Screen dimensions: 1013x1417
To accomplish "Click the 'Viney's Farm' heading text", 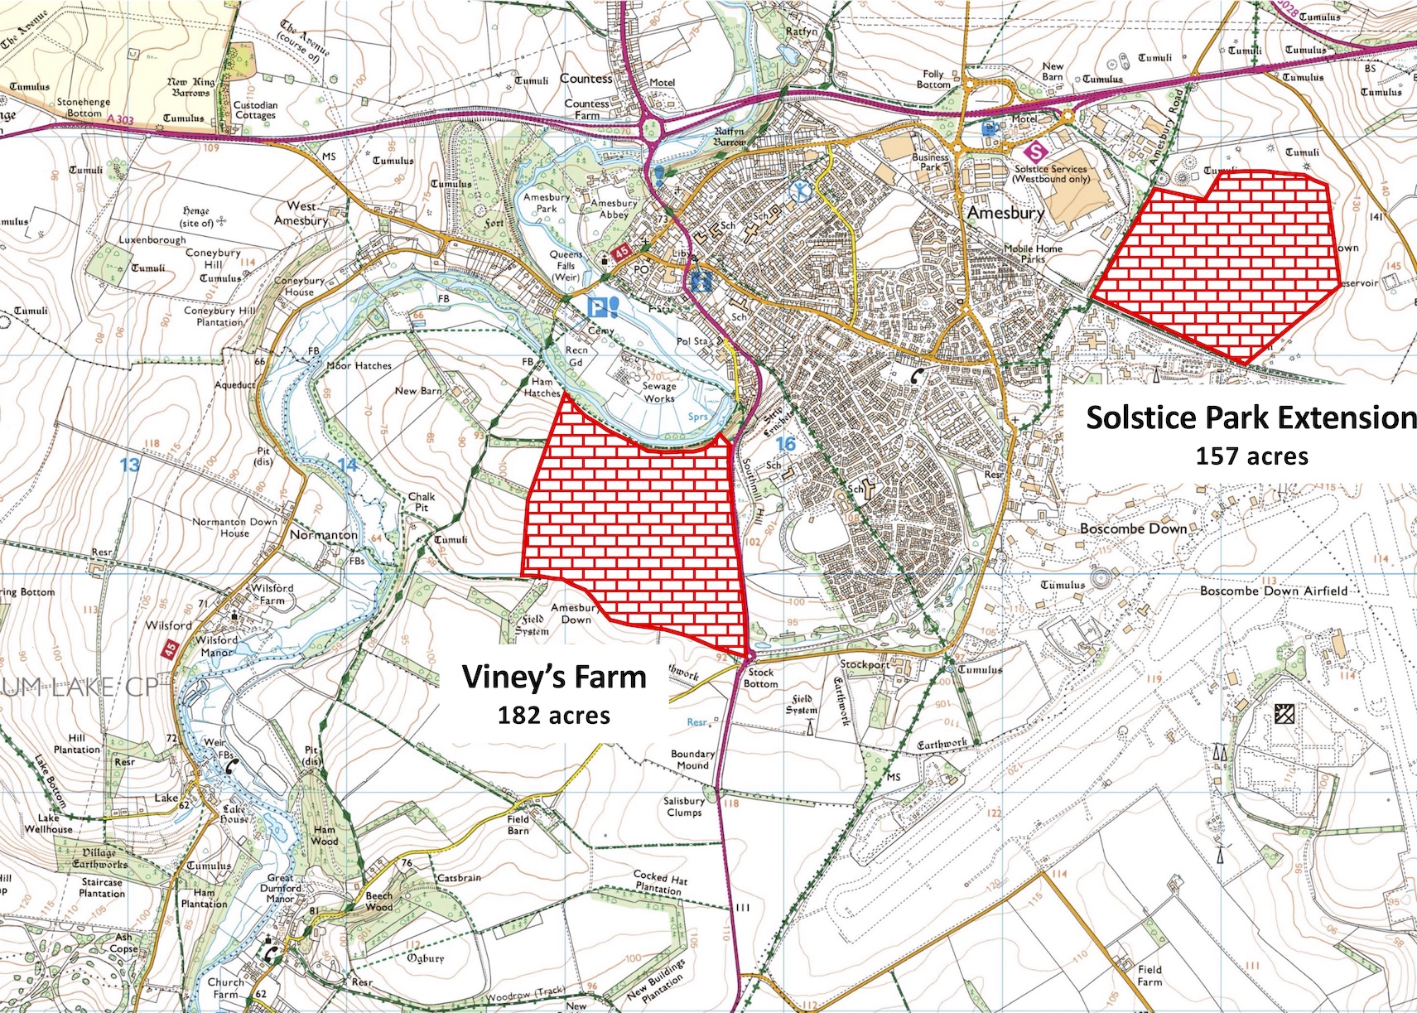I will (554, 677).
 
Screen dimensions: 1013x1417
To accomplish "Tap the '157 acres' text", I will (1251, 456).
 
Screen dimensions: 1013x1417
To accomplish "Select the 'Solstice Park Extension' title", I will (1251, 417).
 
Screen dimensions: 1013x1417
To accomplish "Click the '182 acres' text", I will (553, 715).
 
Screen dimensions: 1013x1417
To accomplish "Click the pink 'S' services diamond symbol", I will (1034, 152).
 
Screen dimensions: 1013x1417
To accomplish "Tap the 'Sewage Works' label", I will (659, 392).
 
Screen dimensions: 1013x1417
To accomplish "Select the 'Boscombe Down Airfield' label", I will (1274, 591).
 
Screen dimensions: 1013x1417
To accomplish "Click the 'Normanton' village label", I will (324, 535).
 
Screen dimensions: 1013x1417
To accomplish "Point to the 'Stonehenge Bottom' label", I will (84, 108).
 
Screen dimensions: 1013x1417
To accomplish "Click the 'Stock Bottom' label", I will (760, 678).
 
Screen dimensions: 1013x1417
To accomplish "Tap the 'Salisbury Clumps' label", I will (684, 807).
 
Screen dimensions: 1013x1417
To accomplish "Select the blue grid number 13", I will (129, 464).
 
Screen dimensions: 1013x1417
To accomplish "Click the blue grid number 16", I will (784, 444).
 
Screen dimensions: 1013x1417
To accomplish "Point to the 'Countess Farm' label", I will (586, 109).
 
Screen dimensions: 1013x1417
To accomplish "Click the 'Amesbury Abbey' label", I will (614, 209).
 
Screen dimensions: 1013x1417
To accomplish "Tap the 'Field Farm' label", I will (1150, 975).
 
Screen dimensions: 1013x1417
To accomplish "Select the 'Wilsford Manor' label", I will (217, 646).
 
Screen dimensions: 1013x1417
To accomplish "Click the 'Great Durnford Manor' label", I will (280, 888).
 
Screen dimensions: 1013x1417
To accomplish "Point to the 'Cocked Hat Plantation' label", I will (659, 882).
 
